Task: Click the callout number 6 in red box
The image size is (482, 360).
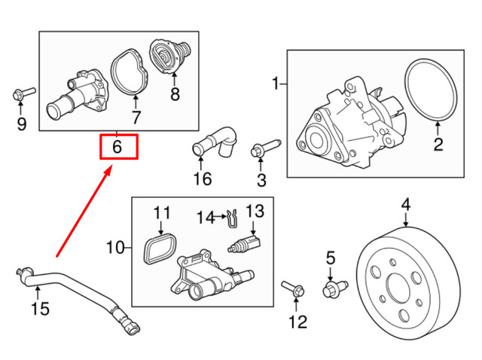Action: pyautogui.click(x=118, y=146)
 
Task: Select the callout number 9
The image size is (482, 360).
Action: pyautogui.click(x=21, y=123)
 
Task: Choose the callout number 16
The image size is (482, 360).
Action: pyautogui.click(x=203, y=178)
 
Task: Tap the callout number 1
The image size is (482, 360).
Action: pyautogui.click(x=276, y=81)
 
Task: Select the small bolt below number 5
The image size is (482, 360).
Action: pyautogui.click(x=332, y=287)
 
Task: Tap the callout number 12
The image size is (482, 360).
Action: pyautogui.click(x=297, y=322)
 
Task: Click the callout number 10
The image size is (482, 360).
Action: pyautogui.click(x=115, y=247)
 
